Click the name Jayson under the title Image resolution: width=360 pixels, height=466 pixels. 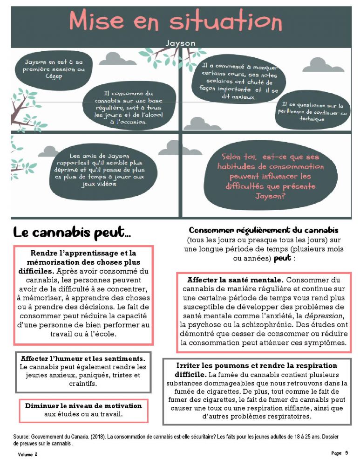180,43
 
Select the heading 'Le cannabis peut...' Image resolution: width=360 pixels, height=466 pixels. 72,231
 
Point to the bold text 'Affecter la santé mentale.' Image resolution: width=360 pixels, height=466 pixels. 235,281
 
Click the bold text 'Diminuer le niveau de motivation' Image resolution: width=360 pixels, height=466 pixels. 83,405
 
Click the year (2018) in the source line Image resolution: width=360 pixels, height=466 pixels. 90,437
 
